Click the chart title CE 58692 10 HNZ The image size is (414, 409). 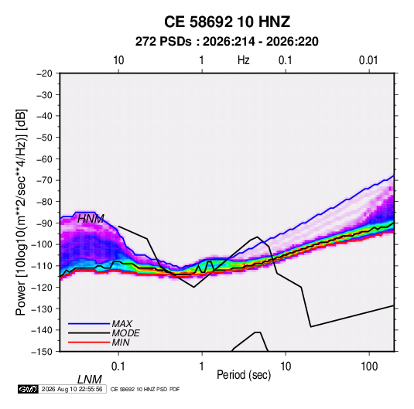click(227, 22)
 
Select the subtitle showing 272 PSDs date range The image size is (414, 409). click(227, 42)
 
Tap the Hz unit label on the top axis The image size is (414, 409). click(243, 60)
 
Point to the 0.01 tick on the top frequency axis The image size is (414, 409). click(368, 60)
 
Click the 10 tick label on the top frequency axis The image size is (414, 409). click(118, 60)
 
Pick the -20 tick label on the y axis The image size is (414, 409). click(44, 73)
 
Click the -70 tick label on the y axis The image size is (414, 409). click(44, 180)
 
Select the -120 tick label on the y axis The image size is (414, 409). click(42, 287)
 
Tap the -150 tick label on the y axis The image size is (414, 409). click(42, 352)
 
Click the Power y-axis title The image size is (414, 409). click(21, 213)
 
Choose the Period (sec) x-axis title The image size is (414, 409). click(244, 375)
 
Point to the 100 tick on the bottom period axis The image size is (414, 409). click(369, 366)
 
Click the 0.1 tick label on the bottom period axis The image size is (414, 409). click(118, 366)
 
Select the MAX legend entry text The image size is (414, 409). click(122, 324)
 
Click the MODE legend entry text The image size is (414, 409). click(125, 333)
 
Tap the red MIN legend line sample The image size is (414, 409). click(89, 343)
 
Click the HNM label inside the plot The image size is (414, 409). click(91, 219)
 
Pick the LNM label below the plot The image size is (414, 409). click(90, 380)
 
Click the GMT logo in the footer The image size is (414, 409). click(29, 389)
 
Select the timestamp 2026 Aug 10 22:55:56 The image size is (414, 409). click(72, 389)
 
